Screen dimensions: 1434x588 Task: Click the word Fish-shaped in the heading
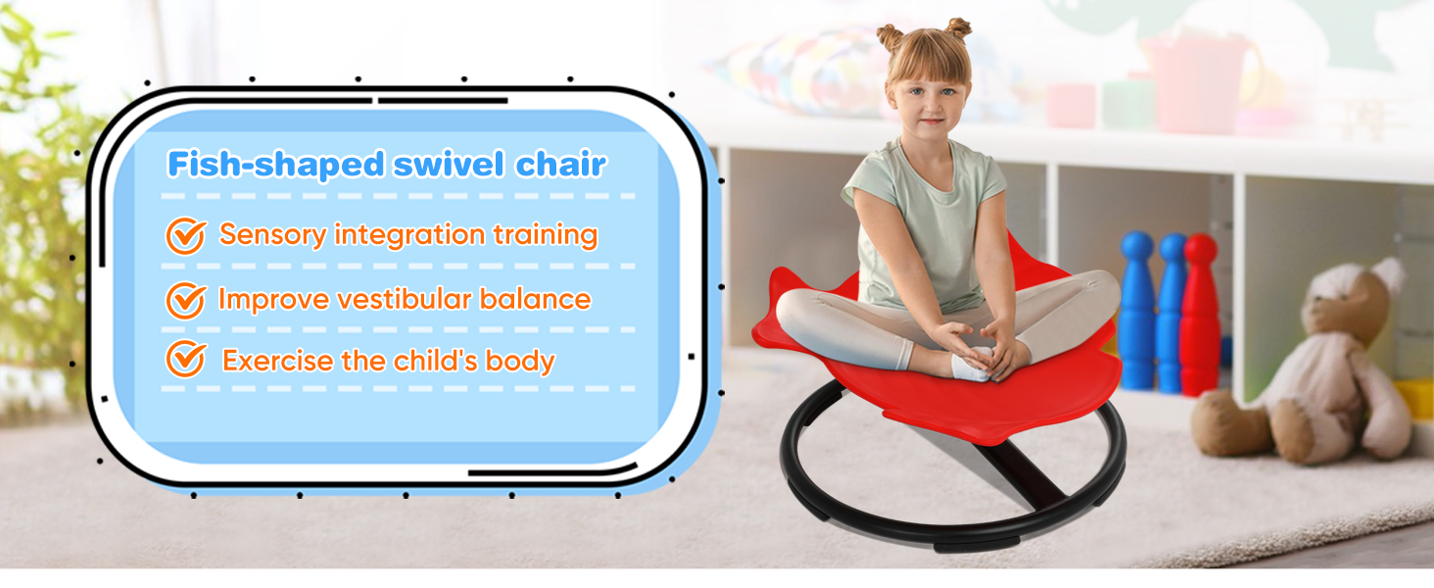pyautogui.click(x=276, y=165)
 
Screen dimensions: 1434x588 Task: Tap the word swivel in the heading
pyautogui.click(x=449, y=164)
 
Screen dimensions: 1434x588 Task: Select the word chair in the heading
pyautogui.click(x=561, y=164)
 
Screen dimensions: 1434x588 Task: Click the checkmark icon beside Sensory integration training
pyautogui.click(x=186, y=236)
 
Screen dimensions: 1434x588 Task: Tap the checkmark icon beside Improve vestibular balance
pyautogui.click(x=186, y=301)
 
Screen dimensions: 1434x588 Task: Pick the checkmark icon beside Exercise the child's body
pyautogui.click(x=186, y=359)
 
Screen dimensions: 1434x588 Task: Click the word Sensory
pyautogui.click(x=272, y=235)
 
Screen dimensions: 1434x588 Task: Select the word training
pyautogui.click(x=546, y=235)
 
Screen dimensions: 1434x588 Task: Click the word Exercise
pyautogui.click(x=278, y=361)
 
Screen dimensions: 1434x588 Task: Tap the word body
pyautogui.click(x=520, y=362)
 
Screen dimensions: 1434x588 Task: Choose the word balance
pyautogui.click(x=535, y=299)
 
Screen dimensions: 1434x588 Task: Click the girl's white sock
pyautogui.click(x=972, y=364)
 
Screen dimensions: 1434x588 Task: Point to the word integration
pyautogui.click(x=409, y=235)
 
